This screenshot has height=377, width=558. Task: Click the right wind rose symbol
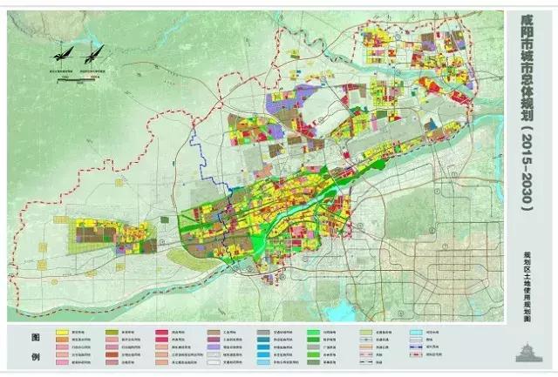95,52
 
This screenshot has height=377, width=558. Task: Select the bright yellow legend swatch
64,333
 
